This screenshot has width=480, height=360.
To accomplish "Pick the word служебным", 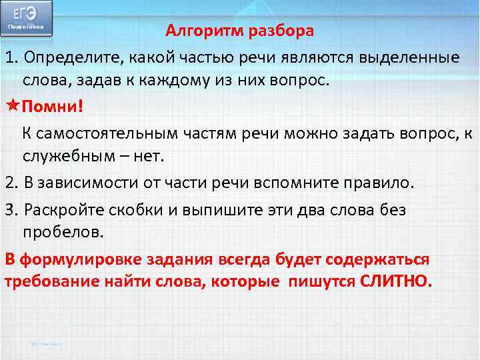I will click(x=65, y=156).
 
